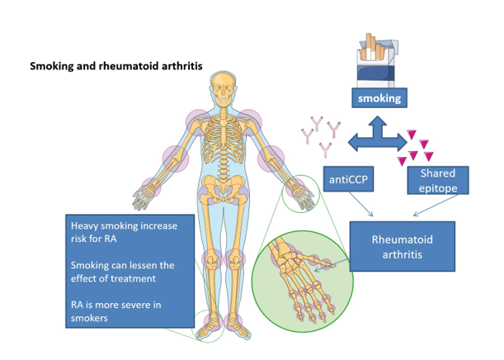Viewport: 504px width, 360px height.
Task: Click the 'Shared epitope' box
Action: point(438,180)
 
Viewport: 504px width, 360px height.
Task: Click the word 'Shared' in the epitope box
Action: point(437,173)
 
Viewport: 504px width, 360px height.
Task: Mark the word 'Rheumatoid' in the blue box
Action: point(402,239)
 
